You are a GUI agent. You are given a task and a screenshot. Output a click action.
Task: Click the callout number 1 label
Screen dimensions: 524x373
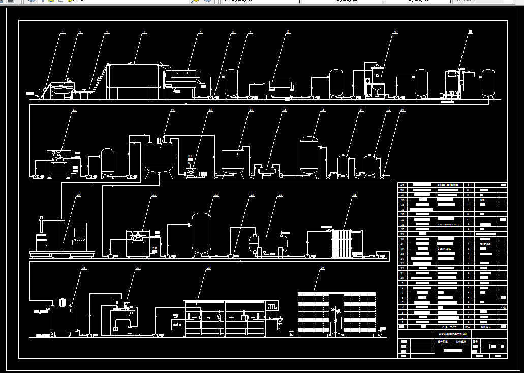click(63, 33)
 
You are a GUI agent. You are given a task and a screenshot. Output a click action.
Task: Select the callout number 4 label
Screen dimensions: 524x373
click(144, 33)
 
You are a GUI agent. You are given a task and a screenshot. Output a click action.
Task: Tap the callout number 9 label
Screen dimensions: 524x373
click(395, 33)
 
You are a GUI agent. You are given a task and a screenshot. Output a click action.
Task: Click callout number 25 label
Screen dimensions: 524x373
click(355, 195)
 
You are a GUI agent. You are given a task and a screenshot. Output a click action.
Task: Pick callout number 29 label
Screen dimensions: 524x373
click(321, 269)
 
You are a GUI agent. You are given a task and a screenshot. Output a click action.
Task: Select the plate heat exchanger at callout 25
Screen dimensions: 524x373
click(342, 243)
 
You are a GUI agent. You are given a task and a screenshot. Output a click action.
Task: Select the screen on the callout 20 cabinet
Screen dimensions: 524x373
click(79, 232)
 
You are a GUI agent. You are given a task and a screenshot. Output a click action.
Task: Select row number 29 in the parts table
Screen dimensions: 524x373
click(402, 185)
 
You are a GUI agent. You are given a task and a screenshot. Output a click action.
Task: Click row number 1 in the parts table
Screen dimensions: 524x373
click(402, 322)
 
